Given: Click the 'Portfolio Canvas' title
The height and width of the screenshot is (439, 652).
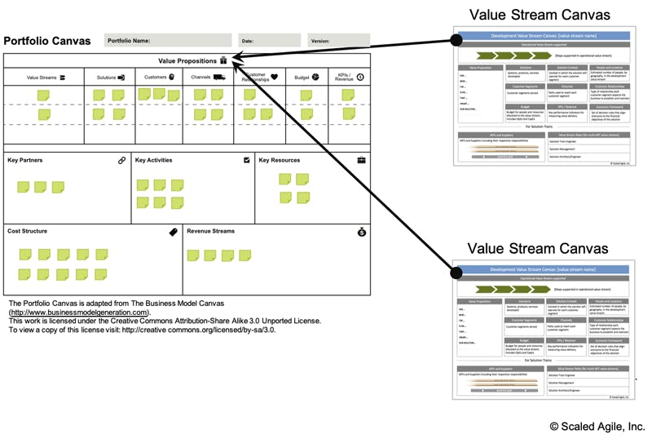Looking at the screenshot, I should (47, 41).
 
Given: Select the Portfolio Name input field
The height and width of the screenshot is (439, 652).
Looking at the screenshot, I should (169, 40).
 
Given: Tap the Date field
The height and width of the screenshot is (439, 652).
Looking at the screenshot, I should (270, 40).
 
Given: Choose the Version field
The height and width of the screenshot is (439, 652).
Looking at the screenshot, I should (338, 40).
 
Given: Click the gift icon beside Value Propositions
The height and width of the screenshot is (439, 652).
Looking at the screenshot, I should (223, 60).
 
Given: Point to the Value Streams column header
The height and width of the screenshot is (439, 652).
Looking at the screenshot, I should (46, 78).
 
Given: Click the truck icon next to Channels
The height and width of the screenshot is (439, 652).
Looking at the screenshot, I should (219, 77).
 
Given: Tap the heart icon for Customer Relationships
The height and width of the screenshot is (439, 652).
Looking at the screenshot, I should (275, 78).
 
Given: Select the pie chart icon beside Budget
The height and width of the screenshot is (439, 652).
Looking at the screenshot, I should (315, 77).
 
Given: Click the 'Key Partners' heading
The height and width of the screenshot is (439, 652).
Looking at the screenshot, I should (24, 161).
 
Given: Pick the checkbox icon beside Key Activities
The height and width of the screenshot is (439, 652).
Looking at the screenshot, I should (247, 161).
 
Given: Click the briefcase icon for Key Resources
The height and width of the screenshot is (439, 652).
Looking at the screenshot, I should (361, 160).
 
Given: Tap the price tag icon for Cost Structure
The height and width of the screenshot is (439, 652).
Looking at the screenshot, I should (173, 232).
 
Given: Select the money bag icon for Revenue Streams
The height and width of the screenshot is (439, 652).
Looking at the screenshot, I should (361, 232).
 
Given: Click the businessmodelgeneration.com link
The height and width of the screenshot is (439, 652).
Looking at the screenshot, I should (79, 312).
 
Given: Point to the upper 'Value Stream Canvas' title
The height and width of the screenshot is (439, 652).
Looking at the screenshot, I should (540, 15).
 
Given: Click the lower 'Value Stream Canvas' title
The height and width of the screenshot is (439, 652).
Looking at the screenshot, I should (540, 248).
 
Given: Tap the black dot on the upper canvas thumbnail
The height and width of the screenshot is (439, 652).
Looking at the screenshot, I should (456, 38).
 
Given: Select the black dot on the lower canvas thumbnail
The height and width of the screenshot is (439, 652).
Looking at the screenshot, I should (456, 269).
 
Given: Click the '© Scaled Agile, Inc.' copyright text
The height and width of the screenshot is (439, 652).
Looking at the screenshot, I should (597, 426).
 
